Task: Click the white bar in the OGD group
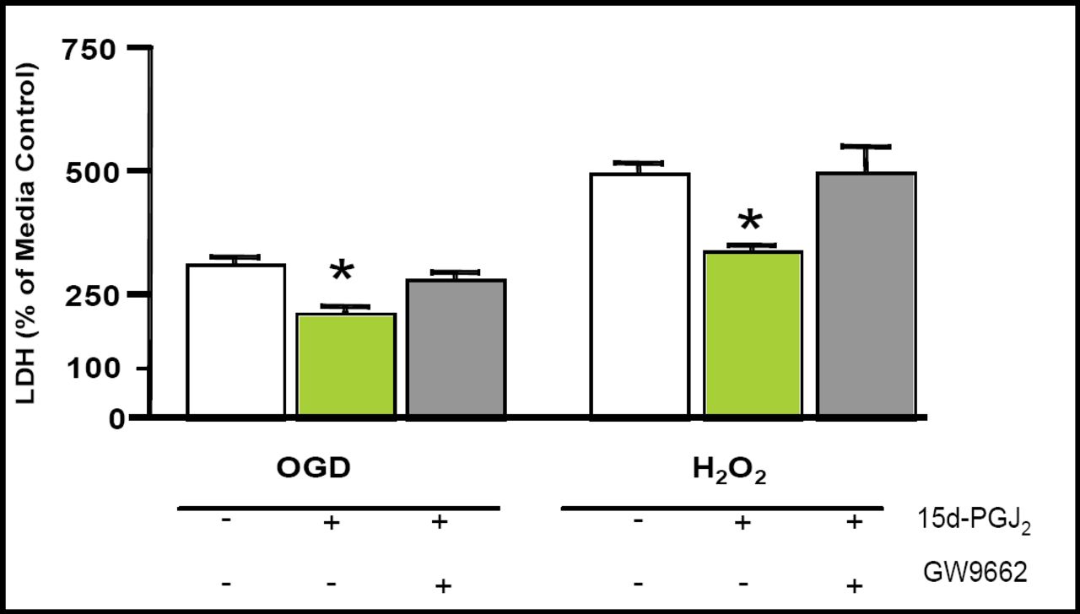(x=236, y=341)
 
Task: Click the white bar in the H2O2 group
(x=640, y=295)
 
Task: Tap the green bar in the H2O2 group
(x=753, y=334)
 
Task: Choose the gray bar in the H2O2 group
(x=867, y=295)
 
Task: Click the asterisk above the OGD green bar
(x=342, y=272)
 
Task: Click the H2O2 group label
(x=731, y=471)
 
